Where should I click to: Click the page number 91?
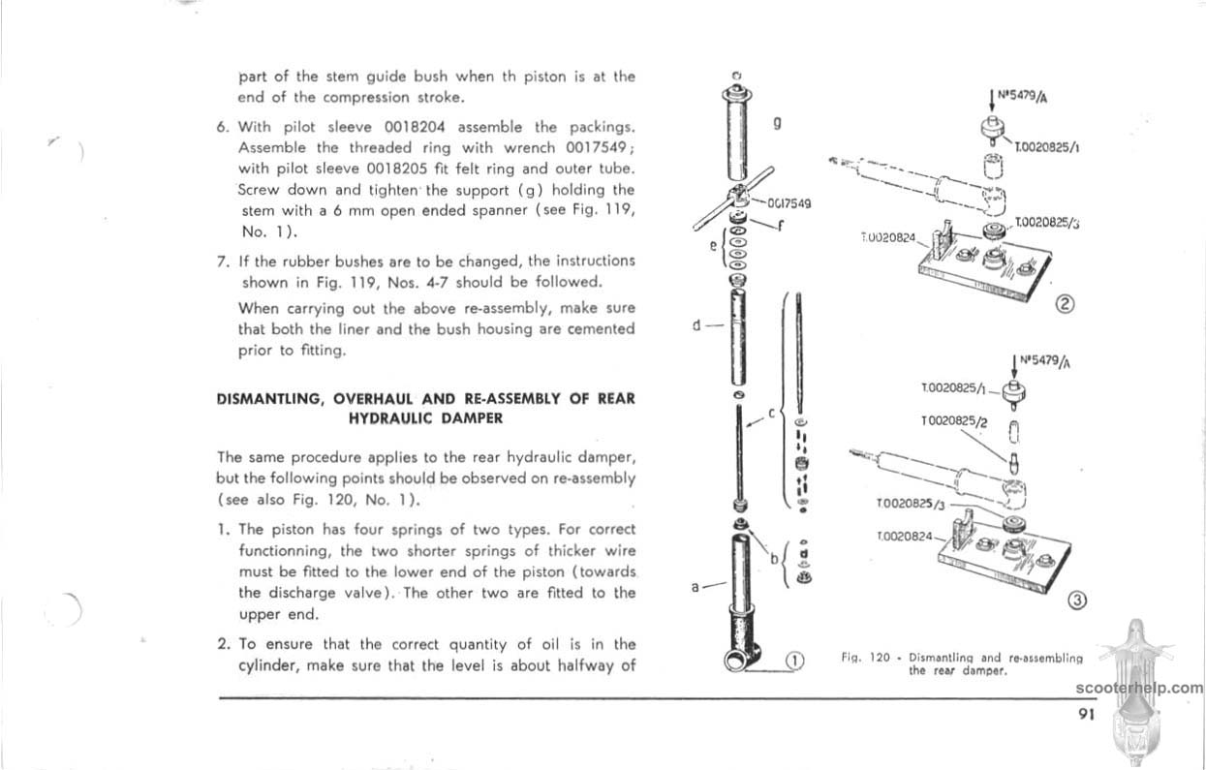[1085, 715]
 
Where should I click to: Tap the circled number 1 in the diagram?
[793, 662]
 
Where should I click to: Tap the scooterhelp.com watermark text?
[1137, 689]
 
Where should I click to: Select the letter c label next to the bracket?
[771, 414]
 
